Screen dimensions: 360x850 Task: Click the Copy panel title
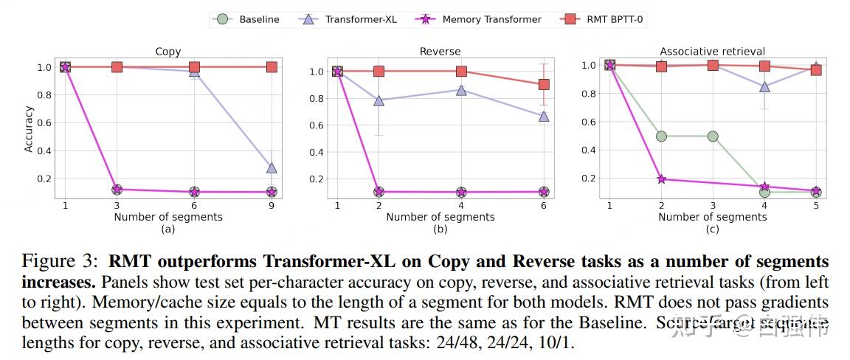[168, 52]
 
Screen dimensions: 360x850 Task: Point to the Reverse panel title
[440, 52]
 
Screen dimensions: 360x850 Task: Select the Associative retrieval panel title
[712, 52]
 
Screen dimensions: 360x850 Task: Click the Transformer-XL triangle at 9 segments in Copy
[272, 168]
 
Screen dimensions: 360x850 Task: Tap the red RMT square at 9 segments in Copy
[272, 67]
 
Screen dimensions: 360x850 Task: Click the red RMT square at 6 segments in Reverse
[544, 84]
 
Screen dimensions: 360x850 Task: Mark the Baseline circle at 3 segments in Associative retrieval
[713, 136]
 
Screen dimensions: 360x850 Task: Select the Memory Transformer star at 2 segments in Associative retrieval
[661, 179]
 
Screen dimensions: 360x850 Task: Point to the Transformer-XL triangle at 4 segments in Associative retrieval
[764, 86]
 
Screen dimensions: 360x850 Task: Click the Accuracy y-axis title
[29, 129]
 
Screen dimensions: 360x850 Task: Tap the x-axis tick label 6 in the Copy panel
[194, 206]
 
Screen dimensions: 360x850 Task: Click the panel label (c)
[712, 229]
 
